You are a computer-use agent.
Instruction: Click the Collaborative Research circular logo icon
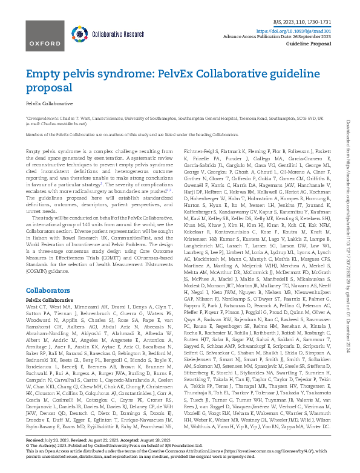click(x=79, y=34)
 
